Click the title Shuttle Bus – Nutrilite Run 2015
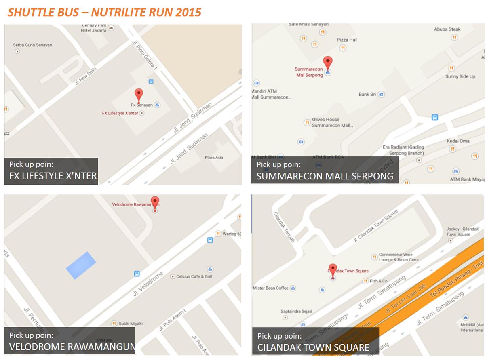coord(104,12)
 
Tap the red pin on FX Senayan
coord(139,95)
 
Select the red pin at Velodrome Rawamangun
coord(155,202)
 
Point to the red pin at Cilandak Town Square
coord(333,269)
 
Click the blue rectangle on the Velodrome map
coord(81,265)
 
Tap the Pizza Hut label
coord(347,40)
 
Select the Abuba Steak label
coord(447,29)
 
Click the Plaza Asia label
coord(214,158)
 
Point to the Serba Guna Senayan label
coord(32,45)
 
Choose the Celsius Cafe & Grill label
coord(194,277)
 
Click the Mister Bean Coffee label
coord(270,288)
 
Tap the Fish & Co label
coord(378,281)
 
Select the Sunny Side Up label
coord(460,76)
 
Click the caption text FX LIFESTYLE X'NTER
coord(53,176)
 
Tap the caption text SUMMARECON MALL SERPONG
coord(325,176)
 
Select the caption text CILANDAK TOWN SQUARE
coord(313,347)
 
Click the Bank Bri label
coord(367,95)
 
